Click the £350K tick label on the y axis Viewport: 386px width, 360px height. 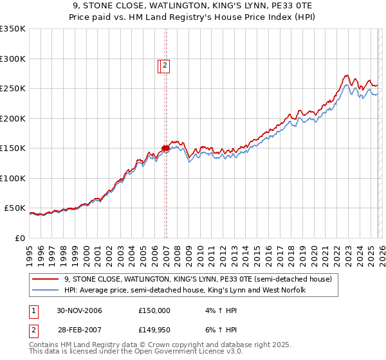pyautogui.click(x=13, y=29)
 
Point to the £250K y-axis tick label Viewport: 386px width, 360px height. pyautogui.click(x=13, y=89)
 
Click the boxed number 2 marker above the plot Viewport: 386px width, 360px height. pyautogui.click(x=165, y=64)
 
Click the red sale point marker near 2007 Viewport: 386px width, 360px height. pyautogui.click(x=165, y=148)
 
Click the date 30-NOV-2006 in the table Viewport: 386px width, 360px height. pyautogui.click(x=80, y=310)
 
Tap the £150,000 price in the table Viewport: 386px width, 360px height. pyautogui.click(x=154, y=310)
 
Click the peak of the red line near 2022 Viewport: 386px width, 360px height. pyautogui.click(x=346, y=75)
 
